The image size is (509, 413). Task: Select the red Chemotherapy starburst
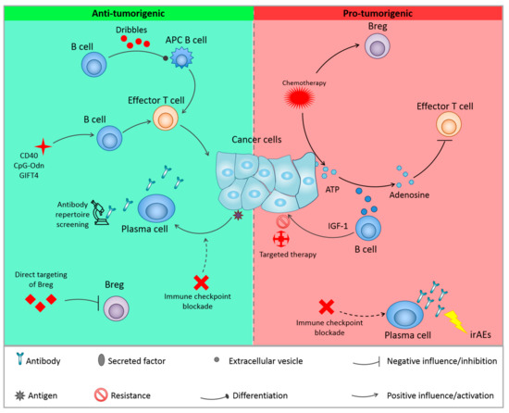tap(307, 100)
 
